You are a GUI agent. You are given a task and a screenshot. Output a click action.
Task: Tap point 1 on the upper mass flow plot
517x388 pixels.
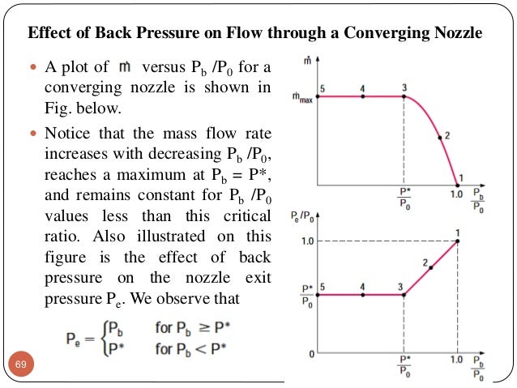coord(458,185)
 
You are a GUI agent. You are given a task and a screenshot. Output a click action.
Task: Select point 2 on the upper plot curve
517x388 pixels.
coord(441,139)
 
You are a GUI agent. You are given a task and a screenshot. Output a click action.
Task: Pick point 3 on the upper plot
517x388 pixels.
coord(404,96)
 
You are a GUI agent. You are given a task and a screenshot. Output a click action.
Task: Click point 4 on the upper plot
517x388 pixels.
coord(362,96)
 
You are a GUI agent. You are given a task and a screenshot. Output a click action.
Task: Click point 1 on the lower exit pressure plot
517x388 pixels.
coord(458,241)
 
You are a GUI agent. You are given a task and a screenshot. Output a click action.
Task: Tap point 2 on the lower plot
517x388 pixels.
coord(430,267)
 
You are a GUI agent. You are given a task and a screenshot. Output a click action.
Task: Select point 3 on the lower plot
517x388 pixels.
coord(404,294)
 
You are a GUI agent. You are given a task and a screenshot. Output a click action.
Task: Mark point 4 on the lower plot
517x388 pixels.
coord(362,294)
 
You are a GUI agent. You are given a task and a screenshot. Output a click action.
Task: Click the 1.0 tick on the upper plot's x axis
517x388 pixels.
coord(458,195)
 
